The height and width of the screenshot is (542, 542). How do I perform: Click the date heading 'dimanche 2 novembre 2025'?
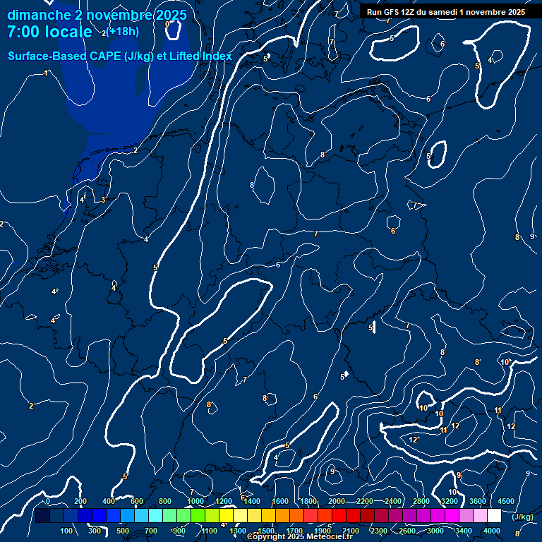[x=97, y=15]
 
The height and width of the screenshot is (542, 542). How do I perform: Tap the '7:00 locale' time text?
[x=49, y=32]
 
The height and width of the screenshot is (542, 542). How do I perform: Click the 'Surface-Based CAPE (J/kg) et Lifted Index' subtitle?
[x=120, y=56]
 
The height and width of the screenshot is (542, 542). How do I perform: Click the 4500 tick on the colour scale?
[x=505, y=501]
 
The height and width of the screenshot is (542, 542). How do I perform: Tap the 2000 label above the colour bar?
[x=337, y=501]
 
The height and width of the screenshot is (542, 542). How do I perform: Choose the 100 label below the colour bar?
[x=67, y=531]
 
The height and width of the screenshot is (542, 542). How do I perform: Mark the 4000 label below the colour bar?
[x=492, y=531]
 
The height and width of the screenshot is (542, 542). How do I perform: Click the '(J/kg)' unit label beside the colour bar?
[x=522, y=517]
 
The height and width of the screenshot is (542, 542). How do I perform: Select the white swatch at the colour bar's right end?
[x=494, y=517]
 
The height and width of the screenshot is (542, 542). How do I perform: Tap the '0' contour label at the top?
[x=167, y=24]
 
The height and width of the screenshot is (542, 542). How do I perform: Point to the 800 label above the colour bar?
[x=165, y=501]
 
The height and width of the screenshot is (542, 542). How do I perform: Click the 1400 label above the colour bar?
[x=252, y=501]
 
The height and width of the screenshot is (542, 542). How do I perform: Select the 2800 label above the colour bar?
[x=421, y=501]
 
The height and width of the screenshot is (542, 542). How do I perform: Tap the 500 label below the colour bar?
[x=123, y=531]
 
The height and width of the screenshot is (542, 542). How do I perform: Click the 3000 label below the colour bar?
[x=435, y=531]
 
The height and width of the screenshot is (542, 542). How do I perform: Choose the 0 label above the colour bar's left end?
[x=47, y=501]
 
